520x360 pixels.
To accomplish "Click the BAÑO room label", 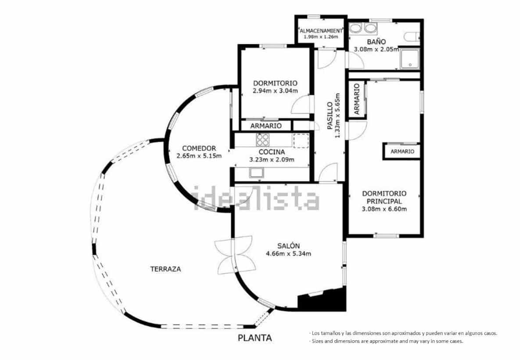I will click(376, 42).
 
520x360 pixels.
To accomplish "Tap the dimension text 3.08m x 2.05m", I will click(376, 49).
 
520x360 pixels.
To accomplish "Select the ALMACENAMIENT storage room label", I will click(321, 31).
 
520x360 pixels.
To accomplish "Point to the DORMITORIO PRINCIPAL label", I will click(384, 197).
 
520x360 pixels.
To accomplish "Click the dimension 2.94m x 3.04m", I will click(275, 91).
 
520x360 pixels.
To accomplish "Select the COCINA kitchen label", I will click(272, 152).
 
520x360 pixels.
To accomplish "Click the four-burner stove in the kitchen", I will click(263, 140).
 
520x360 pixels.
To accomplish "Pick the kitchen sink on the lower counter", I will click(257, 173).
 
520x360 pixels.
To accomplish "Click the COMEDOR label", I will click(199, 148).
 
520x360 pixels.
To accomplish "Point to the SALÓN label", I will click(288, 246).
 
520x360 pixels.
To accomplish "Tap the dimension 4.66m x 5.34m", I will click(288, 253).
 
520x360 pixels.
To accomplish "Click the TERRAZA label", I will click(165, 269).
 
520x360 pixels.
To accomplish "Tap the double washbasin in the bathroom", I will click(364, 29).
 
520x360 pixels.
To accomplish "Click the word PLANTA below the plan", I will click(255, 338).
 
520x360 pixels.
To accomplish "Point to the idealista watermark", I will click(257, 200).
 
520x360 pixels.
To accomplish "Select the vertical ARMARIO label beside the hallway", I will click(356, 100).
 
